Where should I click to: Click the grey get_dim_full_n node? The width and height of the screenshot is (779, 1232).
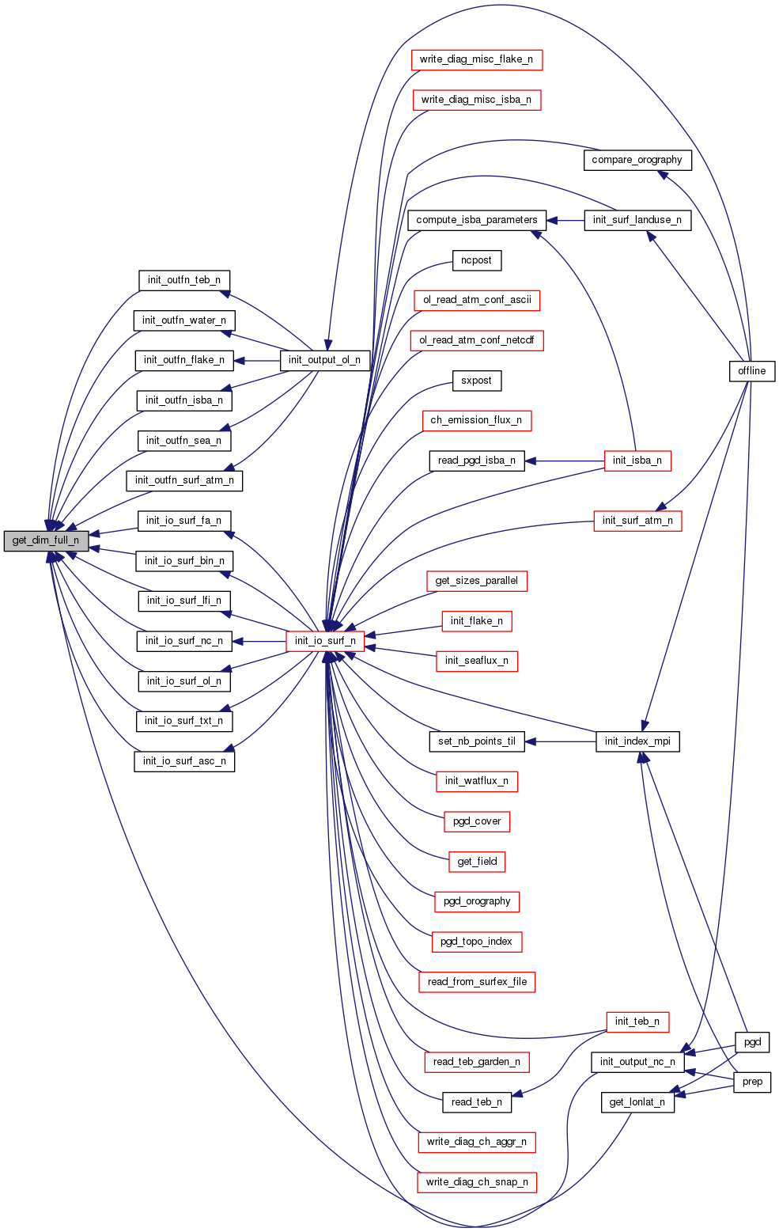[x=46, y=540]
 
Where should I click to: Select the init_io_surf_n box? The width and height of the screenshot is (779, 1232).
[x=325, y=640]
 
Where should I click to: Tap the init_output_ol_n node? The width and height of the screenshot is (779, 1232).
[x=324, y=360]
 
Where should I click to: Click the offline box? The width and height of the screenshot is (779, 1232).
[x=751, y=370]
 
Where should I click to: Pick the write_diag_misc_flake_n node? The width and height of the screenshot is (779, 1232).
[x=476, y=59]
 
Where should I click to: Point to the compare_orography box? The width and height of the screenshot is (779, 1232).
[x=637, y=160]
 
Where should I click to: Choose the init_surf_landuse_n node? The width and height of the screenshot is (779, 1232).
[x=637, y=220]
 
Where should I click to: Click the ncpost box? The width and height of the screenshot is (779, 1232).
[x=476, y=260]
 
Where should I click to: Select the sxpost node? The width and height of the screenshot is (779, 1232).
[x=476, y=381]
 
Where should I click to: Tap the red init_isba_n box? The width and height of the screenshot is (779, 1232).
[x=637, y=461]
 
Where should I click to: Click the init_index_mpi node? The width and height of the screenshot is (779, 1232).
[x=637, y=741]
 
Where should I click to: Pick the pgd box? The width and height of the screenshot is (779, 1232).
[x=752, y=1042]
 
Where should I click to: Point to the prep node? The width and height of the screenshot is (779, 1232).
[x=752, y=1082]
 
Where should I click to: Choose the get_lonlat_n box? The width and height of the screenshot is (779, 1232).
[x=637, y=1101]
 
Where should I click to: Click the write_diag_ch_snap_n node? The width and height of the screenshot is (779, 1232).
[x=476, y=1182]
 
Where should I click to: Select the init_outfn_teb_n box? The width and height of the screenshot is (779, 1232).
[x=183, y=280]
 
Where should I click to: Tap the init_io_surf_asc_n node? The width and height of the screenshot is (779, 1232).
[x=183, y=761]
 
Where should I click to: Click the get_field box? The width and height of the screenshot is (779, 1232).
[x=477, y=861]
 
